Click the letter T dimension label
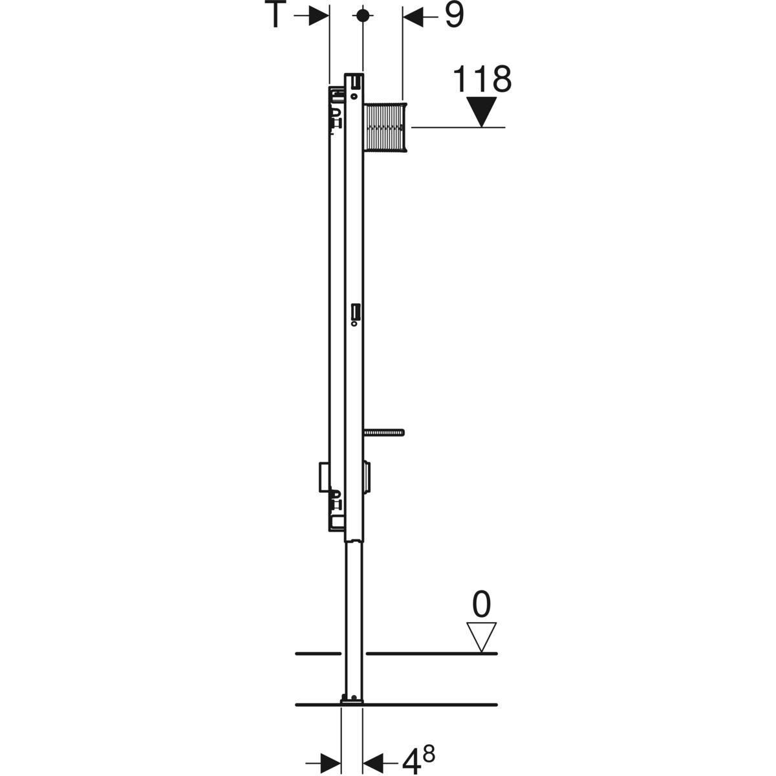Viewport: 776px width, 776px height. pyautogui.click(x=275, y=15)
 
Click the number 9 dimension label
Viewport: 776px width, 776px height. pyautogui.click(x=454, y=16)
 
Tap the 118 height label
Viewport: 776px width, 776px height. pyautogui.click(x=482, y=80)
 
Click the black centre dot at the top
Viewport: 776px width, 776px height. pyautogui.click(x=363, y=16)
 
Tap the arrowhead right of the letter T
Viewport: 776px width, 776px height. pyautogui.click(x=319, y=16)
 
